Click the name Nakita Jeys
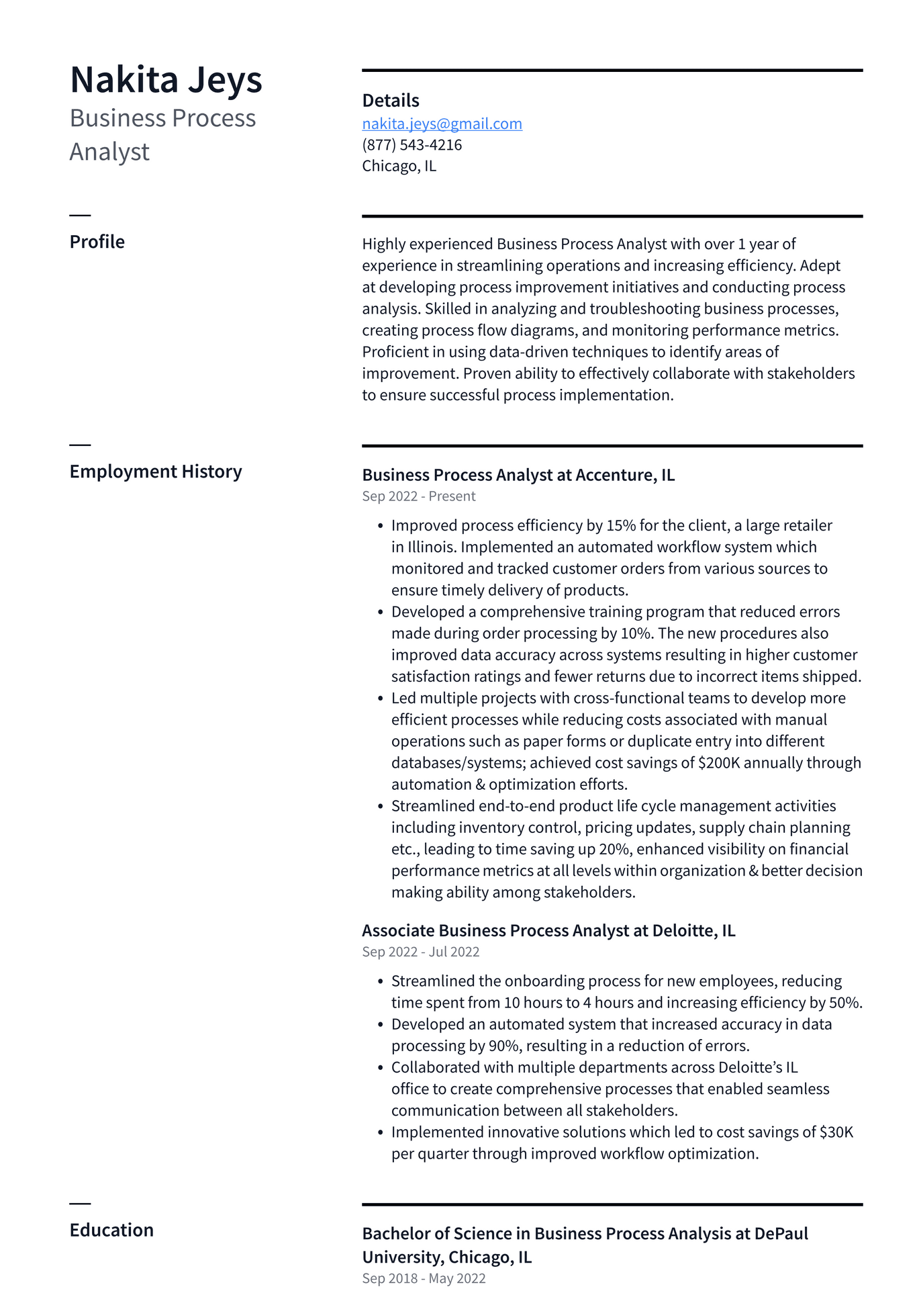pos(166,80)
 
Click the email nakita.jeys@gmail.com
pos(442,124)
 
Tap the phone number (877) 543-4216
pos(412,145)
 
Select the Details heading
pos(390,101)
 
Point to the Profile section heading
pos(97,242)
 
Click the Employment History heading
pos(156,472)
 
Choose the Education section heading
pos(111,1230)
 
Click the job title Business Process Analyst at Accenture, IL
pos(518,475)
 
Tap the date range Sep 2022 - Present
pos(418,496)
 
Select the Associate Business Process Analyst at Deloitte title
pos(548,930)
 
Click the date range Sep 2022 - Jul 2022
pos(420,952)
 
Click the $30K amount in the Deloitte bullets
pos(836,1132)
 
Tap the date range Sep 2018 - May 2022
pos(424,1278)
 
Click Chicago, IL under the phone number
pos(399,166)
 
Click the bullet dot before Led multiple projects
pos(381,699)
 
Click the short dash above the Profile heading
pos(80,215)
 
